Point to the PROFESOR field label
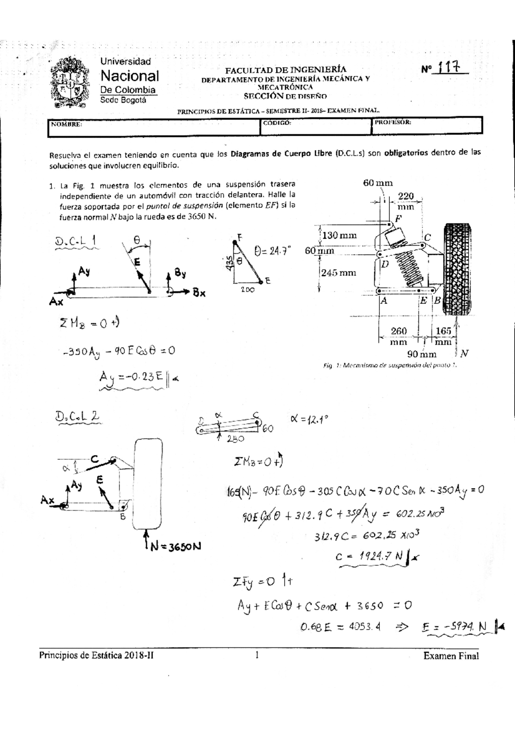pyautogui.click(x=393, y=122)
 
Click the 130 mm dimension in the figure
pyautogui.click(x=339, y=235)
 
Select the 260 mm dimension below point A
pyautogui.click(x=399, y=336)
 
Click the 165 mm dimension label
pyautogui.click(x=443, y=336)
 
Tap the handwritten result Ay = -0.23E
pyautogui.click(x=131, y=377)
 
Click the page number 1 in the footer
pyautogui.click(x=257, y=655)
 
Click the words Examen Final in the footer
pyautogui.click(x=451, y=656)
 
